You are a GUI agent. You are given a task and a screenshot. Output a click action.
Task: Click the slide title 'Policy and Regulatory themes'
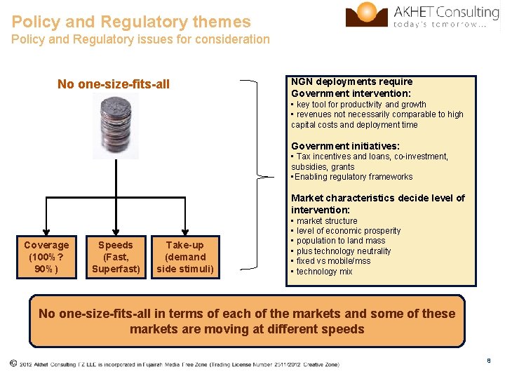[131, 22]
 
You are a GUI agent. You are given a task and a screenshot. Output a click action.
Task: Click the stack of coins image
[116, 126]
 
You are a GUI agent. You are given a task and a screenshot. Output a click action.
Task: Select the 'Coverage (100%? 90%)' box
[46, 257]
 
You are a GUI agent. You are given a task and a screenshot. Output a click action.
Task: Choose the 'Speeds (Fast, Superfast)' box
[115, 257]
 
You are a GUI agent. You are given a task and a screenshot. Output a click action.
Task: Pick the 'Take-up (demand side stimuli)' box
[185, 257]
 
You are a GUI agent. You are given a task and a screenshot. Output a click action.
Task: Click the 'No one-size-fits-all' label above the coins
[114, 84]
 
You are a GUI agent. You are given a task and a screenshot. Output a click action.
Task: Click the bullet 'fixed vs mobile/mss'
[333, 261]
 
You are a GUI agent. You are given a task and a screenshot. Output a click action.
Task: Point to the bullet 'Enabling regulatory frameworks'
[353, 177]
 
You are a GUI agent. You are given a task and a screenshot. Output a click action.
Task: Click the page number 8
[488, 361]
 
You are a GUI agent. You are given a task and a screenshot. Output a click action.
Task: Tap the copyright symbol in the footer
[13, 364]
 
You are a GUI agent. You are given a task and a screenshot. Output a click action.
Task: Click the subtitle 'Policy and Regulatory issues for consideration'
[140, 39]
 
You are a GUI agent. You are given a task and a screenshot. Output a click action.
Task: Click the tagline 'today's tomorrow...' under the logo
[440, 24]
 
